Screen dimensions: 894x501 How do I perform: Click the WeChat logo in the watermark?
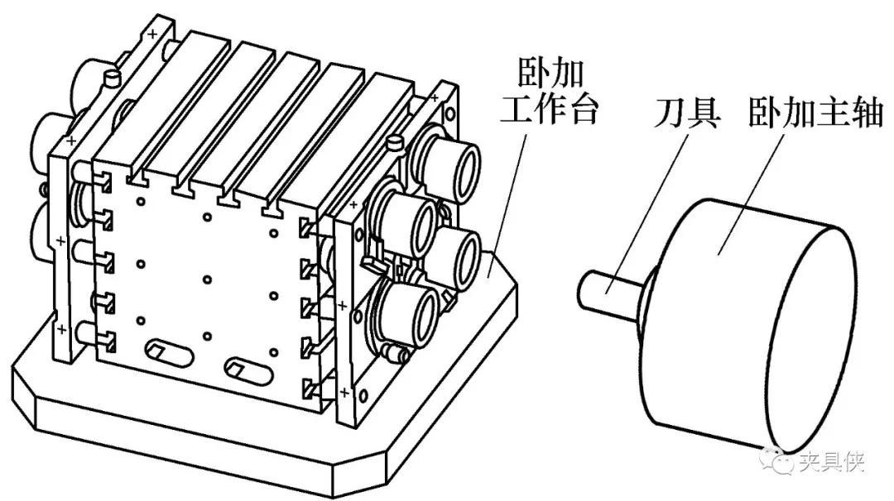click(x=780, y=460)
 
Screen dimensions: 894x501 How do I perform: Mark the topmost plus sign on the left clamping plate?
click(x=152, y=35)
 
